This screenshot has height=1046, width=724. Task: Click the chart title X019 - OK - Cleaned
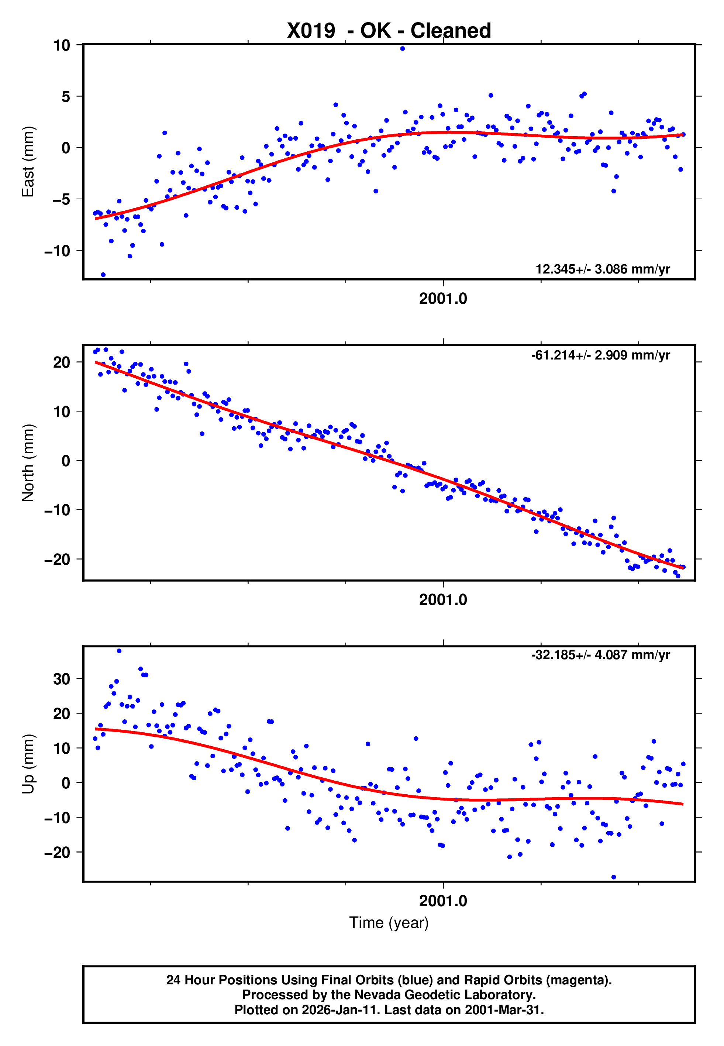(x=389, y=31)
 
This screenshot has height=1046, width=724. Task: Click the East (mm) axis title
(x=28, y=162)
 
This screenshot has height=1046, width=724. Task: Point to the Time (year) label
(x=389, y=923)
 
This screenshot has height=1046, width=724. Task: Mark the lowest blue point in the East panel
(x=103, y=275)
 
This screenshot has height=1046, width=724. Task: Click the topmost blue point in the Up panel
(x=119, y=651)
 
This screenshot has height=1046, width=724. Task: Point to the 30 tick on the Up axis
(x=62, y=679)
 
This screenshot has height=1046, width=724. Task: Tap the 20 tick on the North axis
(x=62, y=362)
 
